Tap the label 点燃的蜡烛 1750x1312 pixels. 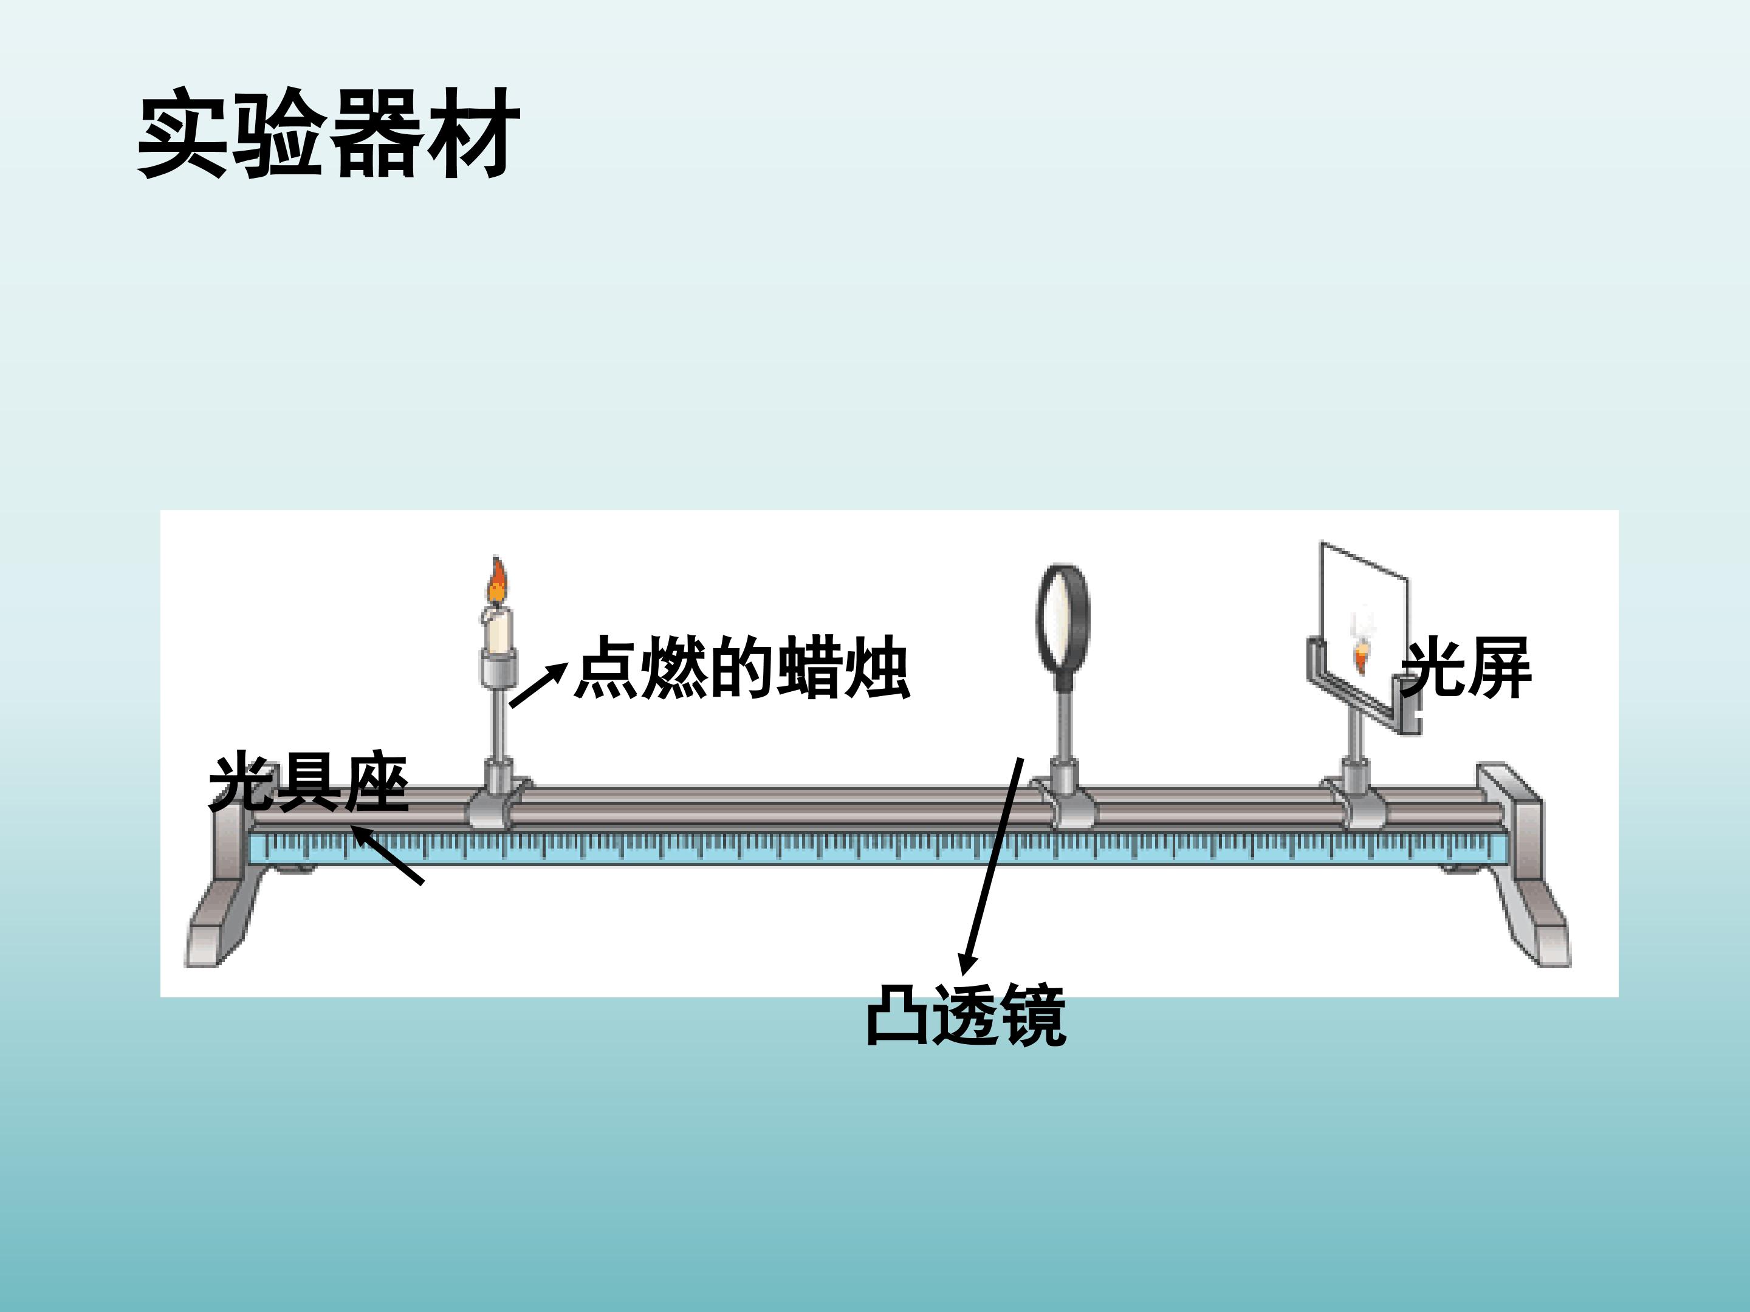pyautogui.click(x=742, y=668)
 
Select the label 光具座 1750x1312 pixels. pyautogui.click(x=309, y=783)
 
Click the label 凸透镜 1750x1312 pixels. pyautogui.click(x=967, y=1016)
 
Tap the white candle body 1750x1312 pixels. pyautogui.click(x=498, y=629)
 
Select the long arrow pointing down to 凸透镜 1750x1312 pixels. pyautogui.click(x=990, y=867)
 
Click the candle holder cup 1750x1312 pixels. pyautogui.click(x=498, y=668)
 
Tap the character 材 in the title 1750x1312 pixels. pyautogui.click(x=473, y=133)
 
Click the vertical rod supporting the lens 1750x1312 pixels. pyautogui.click(x=1063, y=716)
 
